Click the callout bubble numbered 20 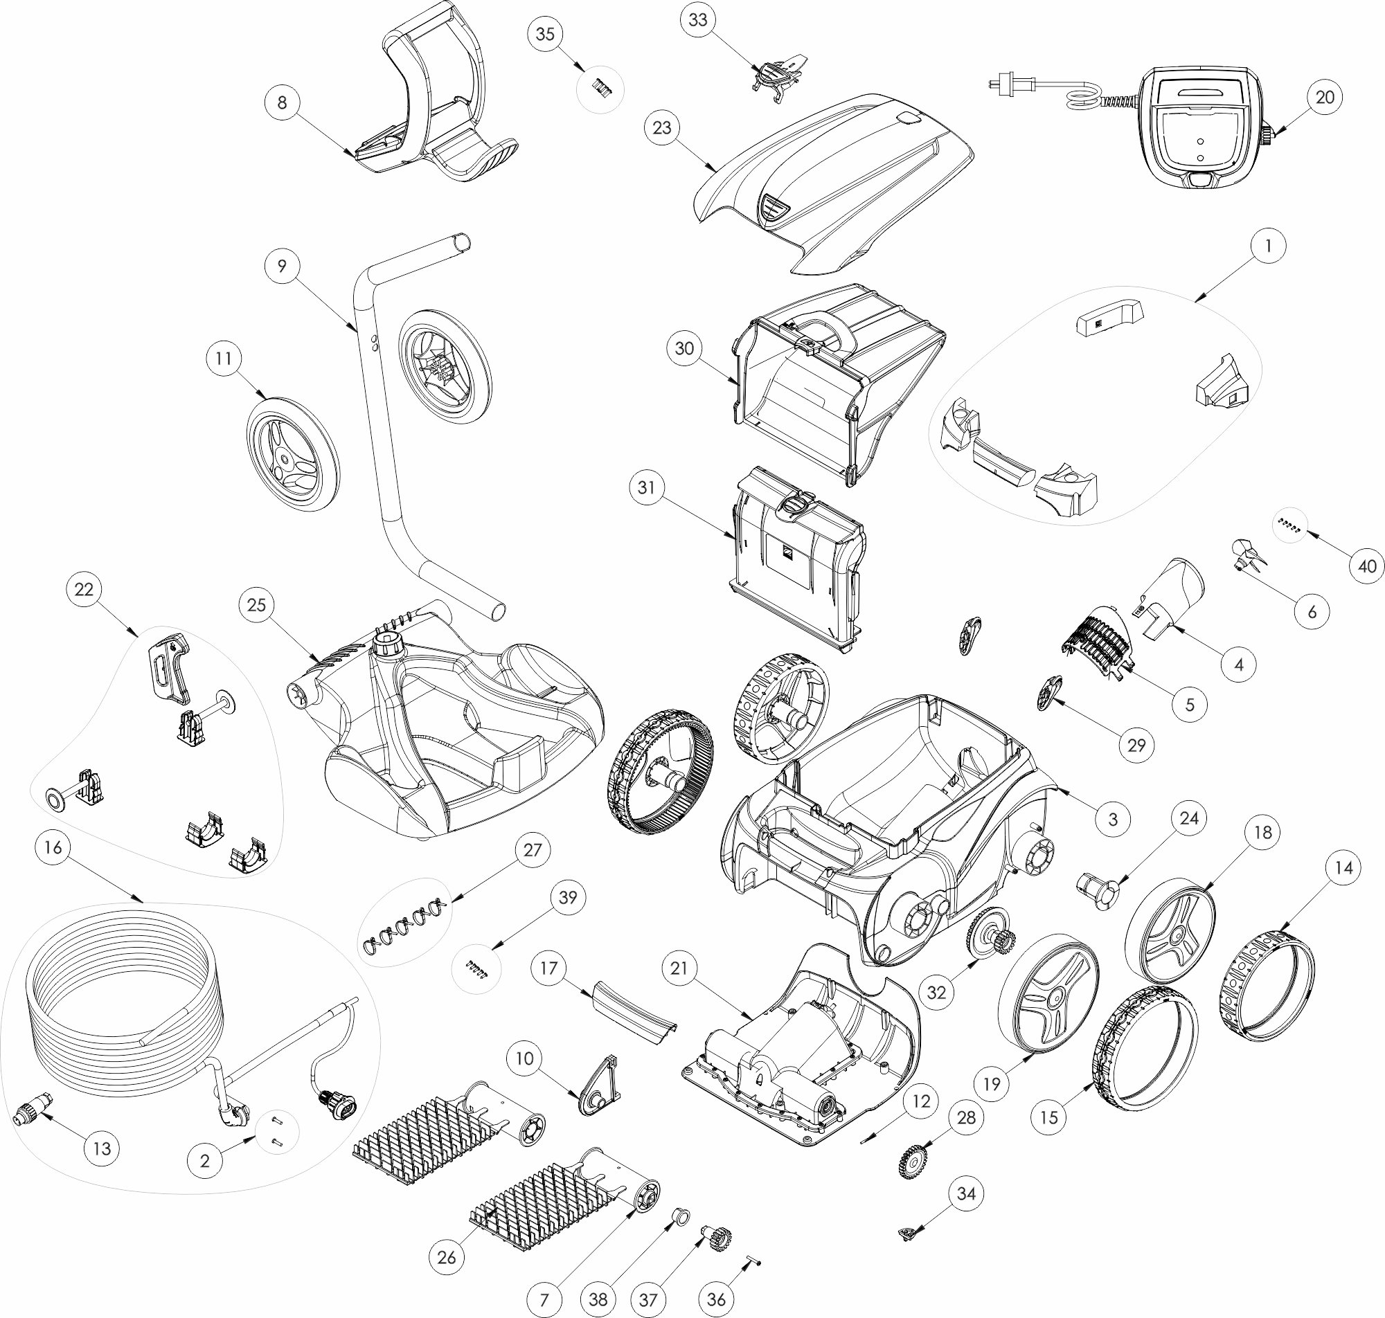coord(1324,97)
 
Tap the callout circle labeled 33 coord(698,20)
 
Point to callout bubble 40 coord(1367,566)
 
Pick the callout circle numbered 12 coord(921,1101)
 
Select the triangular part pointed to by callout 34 coord(907,1233)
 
